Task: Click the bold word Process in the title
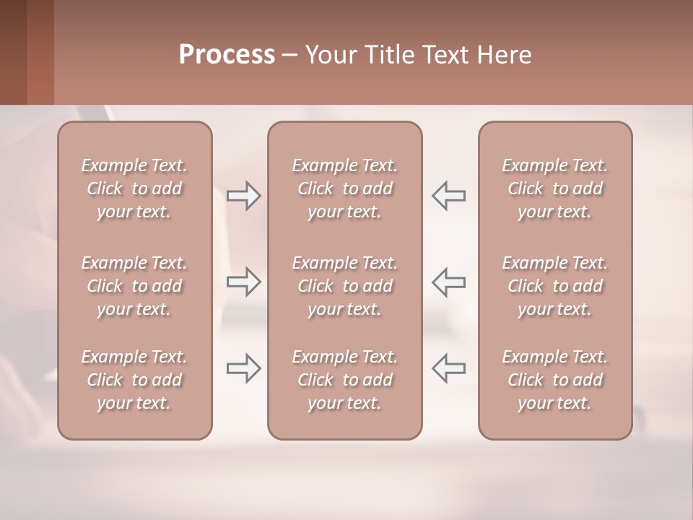pos(227,55)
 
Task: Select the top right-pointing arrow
pos(243,195)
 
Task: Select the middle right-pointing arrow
pos(243,281)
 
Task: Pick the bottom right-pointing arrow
pos(243,368)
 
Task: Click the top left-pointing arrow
pos(449,195)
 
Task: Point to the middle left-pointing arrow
pos(449,281)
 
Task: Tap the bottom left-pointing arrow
pos(449,368)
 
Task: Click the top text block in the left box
pos(134,188)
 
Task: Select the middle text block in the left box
pos(134,286)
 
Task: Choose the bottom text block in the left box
pos(134,380)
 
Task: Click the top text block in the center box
pos(345,188)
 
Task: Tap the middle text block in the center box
pos(345,286)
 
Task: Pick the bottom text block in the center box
pos(345,380)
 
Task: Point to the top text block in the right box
pos(555,188)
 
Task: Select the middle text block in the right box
pos(555,286)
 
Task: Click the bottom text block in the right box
pos(555,380)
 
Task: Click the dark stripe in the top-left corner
pos(13,52)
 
